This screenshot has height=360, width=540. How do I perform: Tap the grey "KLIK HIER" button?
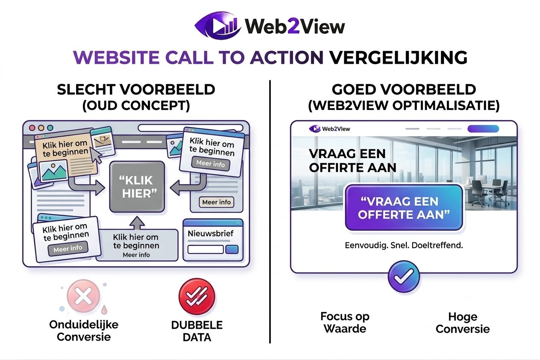coord(137,187)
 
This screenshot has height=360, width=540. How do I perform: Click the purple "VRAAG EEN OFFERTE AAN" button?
coord(404,208)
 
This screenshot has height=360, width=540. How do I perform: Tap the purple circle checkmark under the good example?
coord(403,277)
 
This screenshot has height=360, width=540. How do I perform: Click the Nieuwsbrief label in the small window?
coord(206,234)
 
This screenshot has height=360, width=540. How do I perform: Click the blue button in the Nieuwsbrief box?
coord(232,250)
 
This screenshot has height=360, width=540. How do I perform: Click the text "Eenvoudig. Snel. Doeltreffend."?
coord(404,246)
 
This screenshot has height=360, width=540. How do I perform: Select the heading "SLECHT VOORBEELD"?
coord(136,90)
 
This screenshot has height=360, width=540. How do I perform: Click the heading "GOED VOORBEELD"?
coord(404,90)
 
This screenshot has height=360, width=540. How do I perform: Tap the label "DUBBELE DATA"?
coord(197,331)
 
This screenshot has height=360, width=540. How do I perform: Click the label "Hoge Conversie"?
coord(463,323)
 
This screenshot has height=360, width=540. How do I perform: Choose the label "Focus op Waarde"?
coord(345,323)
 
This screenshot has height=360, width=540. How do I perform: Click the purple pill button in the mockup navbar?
coord(483,129)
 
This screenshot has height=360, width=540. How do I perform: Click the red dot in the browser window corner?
coord(32,128)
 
